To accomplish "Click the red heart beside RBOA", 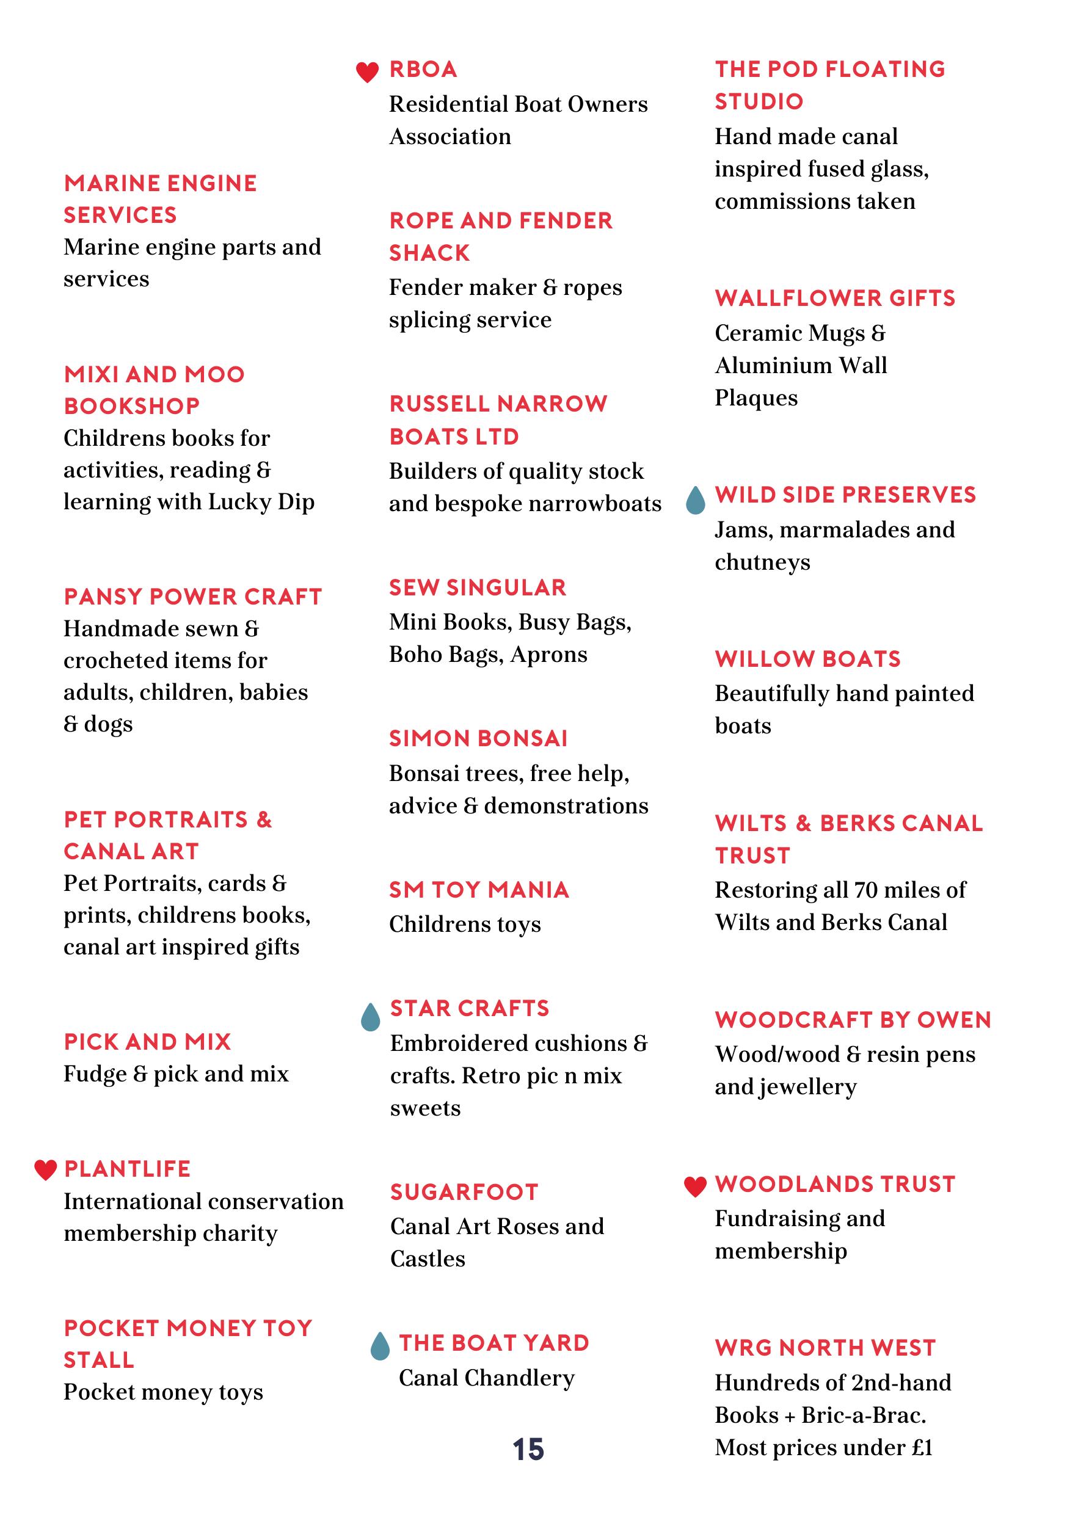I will [x=367, y=72].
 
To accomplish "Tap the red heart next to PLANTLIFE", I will [x=46, y=1170].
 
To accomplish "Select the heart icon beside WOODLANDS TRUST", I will [x=695, y=1186].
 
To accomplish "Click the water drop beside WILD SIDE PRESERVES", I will [x=695, y=501].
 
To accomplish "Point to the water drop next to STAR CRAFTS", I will [x=371, y=1017].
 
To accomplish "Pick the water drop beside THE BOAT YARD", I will [x=380, y=1346].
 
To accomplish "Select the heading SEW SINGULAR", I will [x=478, y=587].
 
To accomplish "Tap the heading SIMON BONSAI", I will [x=478, y=738].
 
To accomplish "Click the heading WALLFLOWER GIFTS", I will [x=836, y=298].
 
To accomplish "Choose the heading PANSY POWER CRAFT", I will [x=192, y=597].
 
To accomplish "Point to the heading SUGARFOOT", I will [x=465, y=1193].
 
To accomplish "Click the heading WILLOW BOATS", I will [x=808, y=658].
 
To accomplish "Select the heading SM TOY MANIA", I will [x=479, y=890].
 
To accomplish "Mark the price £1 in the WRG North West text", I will [x=922, y=1448].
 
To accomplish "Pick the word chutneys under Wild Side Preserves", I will [x=763, y=562].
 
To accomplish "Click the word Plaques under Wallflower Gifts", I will [x=756, y=398].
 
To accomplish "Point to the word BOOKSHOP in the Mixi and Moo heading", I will [x=132, y=406].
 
